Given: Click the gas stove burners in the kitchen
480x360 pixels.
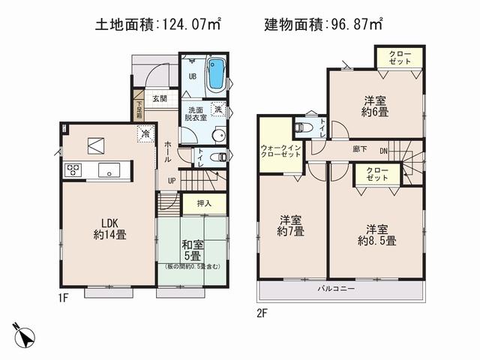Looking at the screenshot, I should coord(73,169).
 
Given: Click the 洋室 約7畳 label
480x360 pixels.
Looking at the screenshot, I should coord(291,226).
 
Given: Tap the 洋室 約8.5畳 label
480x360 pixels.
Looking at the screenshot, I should coord(376,234).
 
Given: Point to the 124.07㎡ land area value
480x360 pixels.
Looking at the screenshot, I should coord(192,25).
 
